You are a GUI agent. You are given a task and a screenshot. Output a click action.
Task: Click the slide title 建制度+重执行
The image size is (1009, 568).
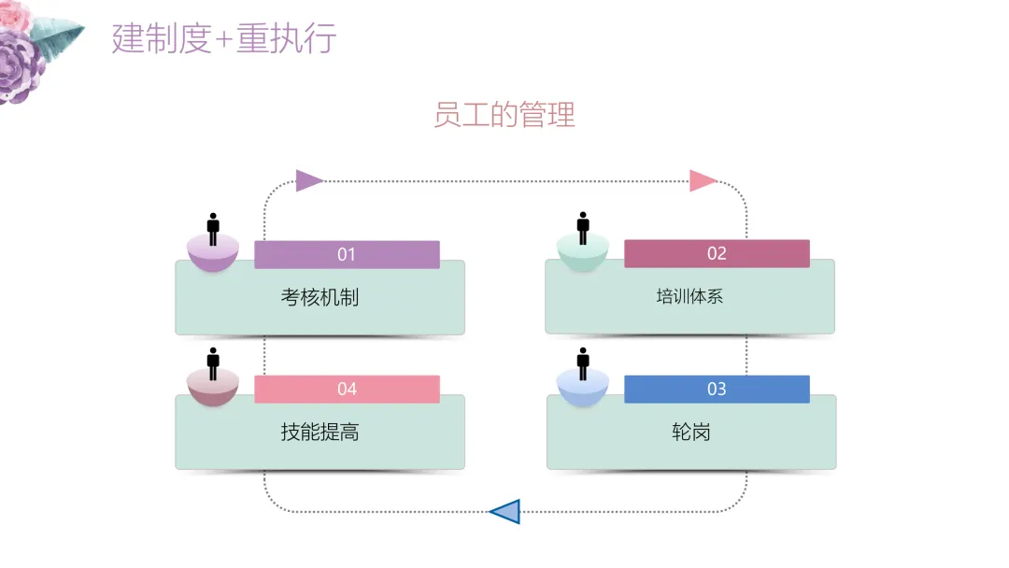coord(224,39)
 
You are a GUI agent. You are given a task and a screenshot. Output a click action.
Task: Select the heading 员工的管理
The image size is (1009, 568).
coord(504,114)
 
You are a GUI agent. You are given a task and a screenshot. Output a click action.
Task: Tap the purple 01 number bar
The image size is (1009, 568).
coord(347,254)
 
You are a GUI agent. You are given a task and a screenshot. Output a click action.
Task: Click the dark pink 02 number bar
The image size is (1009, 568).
coord(717,254)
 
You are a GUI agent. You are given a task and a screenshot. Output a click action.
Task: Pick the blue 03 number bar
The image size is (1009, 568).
coord(717,390)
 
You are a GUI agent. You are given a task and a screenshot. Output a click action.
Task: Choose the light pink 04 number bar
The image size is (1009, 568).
coord(347,390)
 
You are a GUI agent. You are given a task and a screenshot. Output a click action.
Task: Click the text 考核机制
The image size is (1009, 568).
coord(320,297)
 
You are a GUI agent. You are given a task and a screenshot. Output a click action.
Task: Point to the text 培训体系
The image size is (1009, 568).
coord(689,297)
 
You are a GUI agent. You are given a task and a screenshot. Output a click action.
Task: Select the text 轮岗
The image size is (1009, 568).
coord(690,433)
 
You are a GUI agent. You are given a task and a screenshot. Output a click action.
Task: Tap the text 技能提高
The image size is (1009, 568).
coord(320,433)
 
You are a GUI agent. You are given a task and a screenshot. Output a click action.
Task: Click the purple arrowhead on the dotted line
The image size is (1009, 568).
coord(308,180)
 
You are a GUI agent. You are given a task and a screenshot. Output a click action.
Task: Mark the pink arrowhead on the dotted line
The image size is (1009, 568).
coord(703,180)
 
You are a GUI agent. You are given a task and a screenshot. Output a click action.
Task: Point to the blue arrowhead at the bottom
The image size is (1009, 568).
coord(505,511)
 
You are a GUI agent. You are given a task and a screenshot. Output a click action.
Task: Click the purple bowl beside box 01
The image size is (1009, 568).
coord(213,254)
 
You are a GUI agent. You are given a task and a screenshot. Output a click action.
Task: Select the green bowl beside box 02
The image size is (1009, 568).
coord(583,254)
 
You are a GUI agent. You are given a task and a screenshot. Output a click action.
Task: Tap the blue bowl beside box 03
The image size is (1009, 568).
coord(583,390)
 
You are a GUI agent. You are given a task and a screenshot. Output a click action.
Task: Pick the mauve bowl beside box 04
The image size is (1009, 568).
coord(213,390)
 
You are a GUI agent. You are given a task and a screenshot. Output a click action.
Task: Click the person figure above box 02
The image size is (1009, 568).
coord(583,227)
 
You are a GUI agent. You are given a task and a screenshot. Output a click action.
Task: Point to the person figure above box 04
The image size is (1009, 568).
coord(213,363)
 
